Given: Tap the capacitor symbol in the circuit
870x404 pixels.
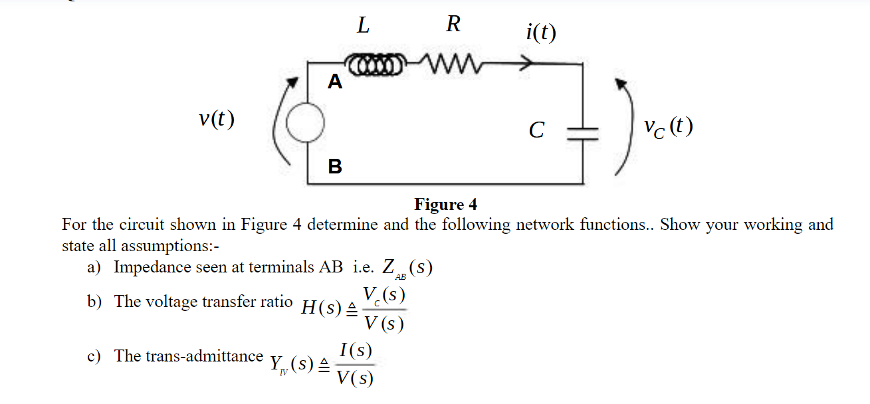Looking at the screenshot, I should coord(583,130).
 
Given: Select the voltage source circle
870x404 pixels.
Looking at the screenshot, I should coord(305,124).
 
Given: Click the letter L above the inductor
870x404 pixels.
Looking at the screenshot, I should coord(363,26).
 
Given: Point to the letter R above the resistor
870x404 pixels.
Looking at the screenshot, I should coord(453,25).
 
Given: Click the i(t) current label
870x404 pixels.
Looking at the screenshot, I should coord(540,32).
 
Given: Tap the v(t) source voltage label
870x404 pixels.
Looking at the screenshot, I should coord(217,120).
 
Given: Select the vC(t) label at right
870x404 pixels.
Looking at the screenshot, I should coord(669,126).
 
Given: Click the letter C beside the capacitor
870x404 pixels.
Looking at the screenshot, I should coord(536,130).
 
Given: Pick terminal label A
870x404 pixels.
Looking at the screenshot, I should coord(335,82).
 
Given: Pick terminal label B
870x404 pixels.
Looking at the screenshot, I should coord(335,166).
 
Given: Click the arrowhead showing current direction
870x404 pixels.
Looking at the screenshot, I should coord(526,64).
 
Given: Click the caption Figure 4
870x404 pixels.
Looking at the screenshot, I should coord(445,204).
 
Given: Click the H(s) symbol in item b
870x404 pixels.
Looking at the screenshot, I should coord(322,308).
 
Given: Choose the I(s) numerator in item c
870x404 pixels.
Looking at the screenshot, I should coord(355,350).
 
